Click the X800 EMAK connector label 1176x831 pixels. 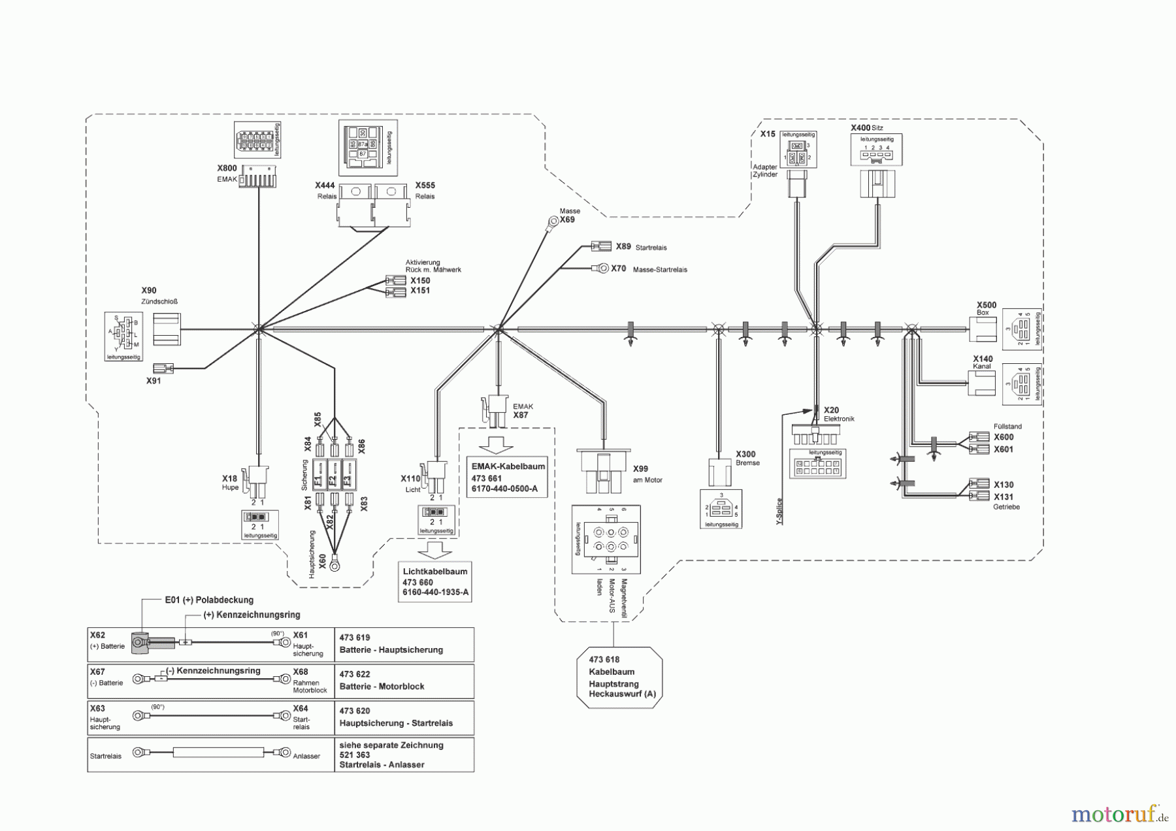pyautogui.click(x=226, y=172)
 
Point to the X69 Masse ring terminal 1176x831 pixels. pyautogui.click(x=551, y=221)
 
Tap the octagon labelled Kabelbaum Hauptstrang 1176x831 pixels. pyautogui.click(x=619, y=677)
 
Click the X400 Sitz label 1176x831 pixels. pyautogui.click(x=866, y=128)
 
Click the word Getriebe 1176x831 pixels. pyautogui.click(x=1006, y=507)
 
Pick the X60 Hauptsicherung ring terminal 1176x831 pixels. pyautogui.click(x=335, y=560)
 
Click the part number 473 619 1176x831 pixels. pyautogui.click(x=355, y=637)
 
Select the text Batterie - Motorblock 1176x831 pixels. pyautogui.click(x=382, y=686)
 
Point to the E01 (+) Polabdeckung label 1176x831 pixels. pyautogui.click(x=208, y=599)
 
